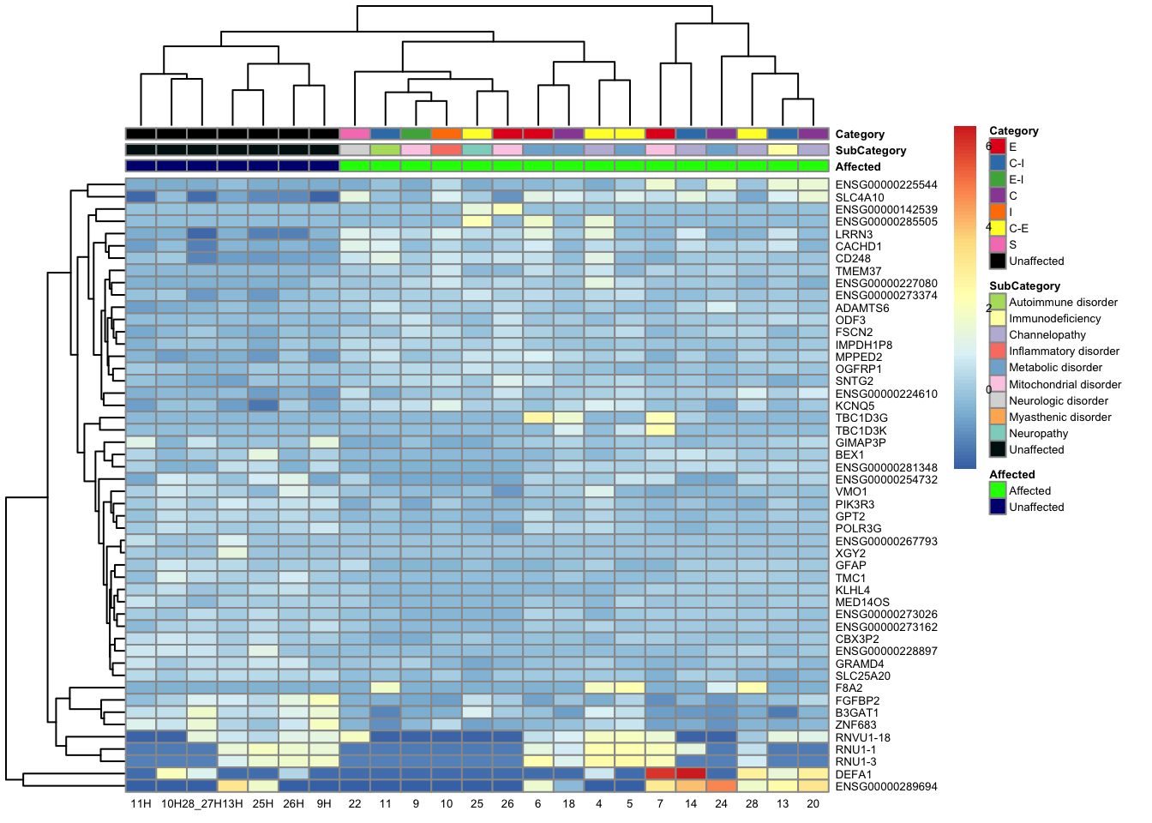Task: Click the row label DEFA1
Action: pyautogui.click(x=853, y=774)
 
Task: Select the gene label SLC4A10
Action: pyautogui.click(x=860, y=197)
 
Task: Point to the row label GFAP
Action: pyautogui.click(x=850, y=565)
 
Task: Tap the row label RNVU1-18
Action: pyautogui.click(x=862, y=737)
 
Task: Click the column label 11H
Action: pyautogui.click(x=141, y=804)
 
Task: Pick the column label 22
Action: pyautogui.click(x=355, y=804)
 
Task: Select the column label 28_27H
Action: pyautogui.click(x=202, y=804)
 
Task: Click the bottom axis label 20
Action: pyautogui.click(x=813, y=804)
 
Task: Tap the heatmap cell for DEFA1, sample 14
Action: pyautogui.click(x=691, y=773)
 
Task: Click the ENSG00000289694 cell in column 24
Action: pyautogui.click(x=721, y=785)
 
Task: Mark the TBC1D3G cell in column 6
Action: pyautogui.click(x=538, y=418)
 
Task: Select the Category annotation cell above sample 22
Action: pyautogui.click(x=355, y=134)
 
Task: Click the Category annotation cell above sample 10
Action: pyautogui.click(x=447, y=134)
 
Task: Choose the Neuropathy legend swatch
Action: pyautogui.click(x=998, y=433)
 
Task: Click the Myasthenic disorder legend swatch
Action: pyautogui.click(x=998, y=417)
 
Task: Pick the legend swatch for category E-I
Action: pyautogui.click(x=998, y=179)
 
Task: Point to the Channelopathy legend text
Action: pyautogui.click(x=1047, y=334)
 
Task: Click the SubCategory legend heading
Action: pyautogui.click(x=1024, y=285)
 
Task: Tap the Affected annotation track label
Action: pyautogui.click(x=858, y=167)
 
